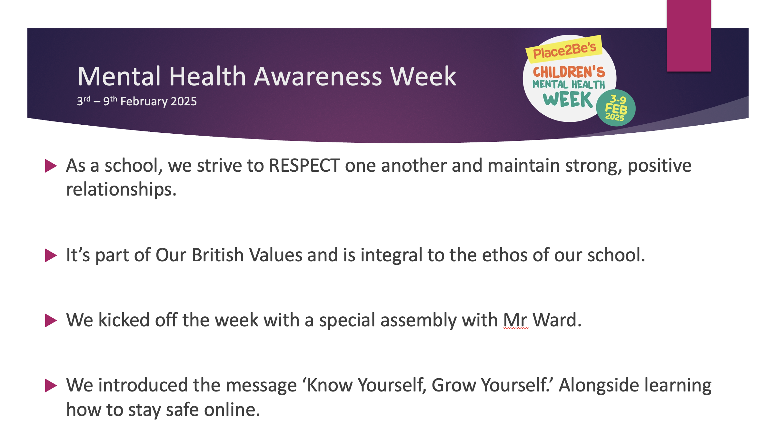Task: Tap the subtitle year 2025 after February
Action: click(x=184, y=101)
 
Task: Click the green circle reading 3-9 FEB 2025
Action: click(x=616, y=108)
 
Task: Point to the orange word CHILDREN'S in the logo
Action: click(x=569, y=72)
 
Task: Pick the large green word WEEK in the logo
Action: click(x=568, y=100)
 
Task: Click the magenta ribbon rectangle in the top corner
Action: click(x=689, y=35)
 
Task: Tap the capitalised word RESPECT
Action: click(x=304, y=166)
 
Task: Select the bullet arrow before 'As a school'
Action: click(x=51, y=166)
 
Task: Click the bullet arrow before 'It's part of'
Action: click(x=51, y=255)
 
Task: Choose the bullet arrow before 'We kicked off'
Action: click(x=51, y=321)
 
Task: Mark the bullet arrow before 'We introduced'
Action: click(x=51, y=386)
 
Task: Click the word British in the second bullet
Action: click(x=218, y=255)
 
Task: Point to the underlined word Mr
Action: click(x=515, y=320)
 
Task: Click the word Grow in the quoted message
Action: click(x=453, y=385)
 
